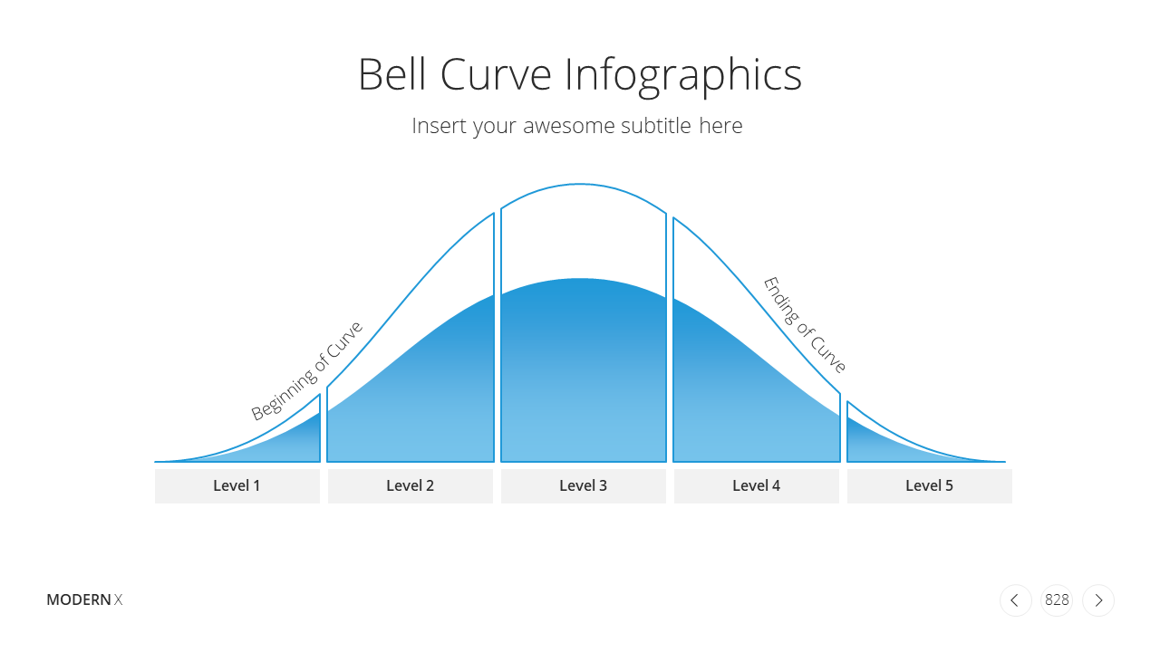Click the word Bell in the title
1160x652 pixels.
392,74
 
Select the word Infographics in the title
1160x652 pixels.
683,76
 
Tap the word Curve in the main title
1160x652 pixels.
496,74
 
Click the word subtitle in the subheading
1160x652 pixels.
656,125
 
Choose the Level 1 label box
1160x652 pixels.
237,486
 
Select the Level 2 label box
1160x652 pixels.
411,486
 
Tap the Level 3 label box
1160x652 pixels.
583,486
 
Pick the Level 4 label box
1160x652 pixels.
756,486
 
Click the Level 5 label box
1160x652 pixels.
930,486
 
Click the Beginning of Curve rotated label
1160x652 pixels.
306,370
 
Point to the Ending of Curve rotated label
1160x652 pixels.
805,324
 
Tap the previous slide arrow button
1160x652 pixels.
1016,600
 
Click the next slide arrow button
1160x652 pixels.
1098,600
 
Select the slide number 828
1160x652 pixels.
1057,600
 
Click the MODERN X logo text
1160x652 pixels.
84,599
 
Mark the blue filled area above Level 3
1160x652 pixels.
583,372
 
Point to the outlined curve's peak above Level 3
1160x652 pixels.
580,184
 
